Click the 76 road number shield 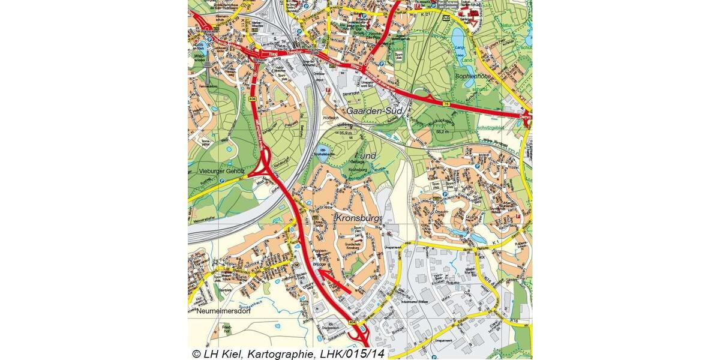pos(446,104)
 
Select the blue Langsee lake pos(459,37)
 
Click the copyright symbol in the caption pos(196,354)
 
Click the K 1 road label pos(496,242)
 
